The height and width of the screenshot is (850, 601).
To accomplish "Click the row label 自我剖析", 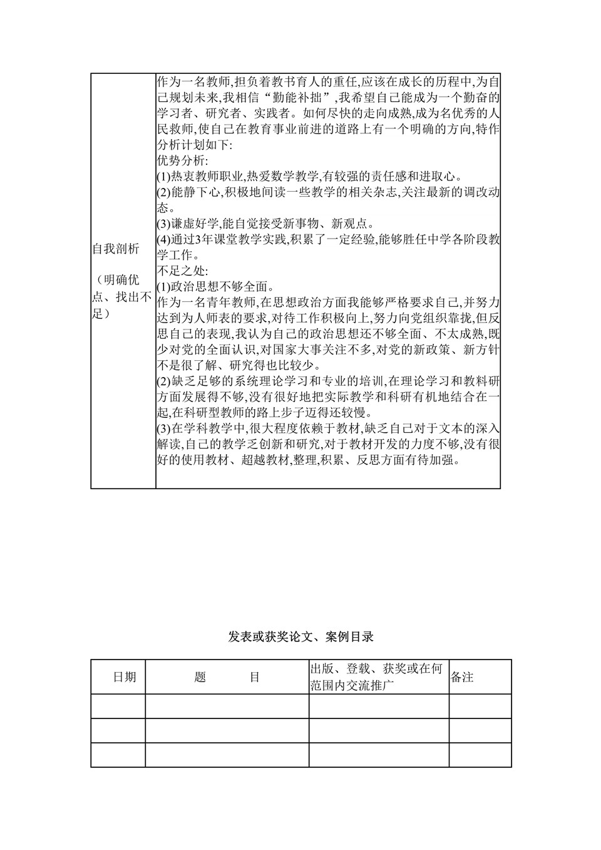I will click(116, 249).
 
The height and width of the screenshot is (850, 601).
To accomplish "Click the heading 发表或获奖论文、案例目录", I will click(300, 637).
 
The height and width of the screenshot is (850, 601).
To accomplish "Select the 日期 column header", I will click(125, 677).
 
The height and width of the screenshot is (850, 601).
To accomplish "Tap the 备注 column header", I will click(462, 677).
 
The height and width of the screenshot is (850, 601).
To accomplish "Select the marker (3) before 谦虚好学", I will click(163, 224).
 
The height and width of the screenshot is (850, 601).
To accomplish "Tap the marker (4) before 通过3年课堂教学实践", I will click(163, 240).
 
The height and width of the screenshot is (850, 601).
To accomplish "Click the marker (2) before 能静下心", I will click(163, 192).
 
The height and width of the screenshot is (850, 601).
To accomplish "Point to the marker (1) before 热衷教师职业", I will click(163, 177).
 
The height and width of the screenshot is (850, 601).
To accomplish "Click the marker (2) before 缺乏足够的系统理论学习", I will click(163, 381).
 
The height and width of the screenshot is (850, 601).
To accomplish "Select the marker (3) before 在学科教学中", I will click(163, 429).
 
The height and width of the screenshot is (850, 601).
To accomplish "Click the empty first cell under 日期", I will click(118, 706).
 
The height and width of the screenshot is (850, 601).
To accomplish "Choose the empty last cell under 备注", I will click(480, 755).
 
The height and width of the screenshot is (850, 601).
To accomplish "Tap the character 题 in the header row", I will click(200, 677).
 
